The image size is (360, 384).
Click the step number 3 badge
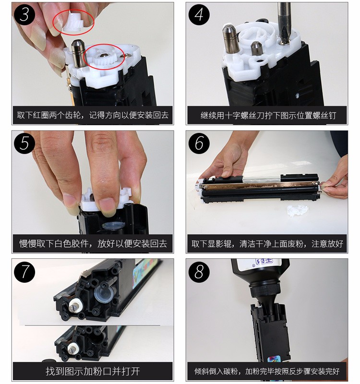[x=24, y=14]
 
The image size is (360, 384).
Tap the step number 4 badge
[x=199, y=14]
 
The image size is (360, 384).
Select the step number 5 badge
[x=24, y=143]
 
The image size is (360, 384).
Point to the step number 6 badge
[x=199, y=143]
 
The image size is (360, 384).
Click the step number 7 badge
[x=24, y=272]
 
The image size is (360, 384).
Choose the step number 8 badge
[x=199, y=272]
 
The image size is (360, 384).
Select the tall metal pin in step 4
[x=231, y=38]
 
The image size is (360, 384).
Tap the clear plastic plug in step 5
[x=113, y=225]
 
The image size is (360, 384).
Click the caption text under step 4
[x=268, y=115]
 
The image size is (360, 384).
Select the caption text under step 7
[x=93, y=371]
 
